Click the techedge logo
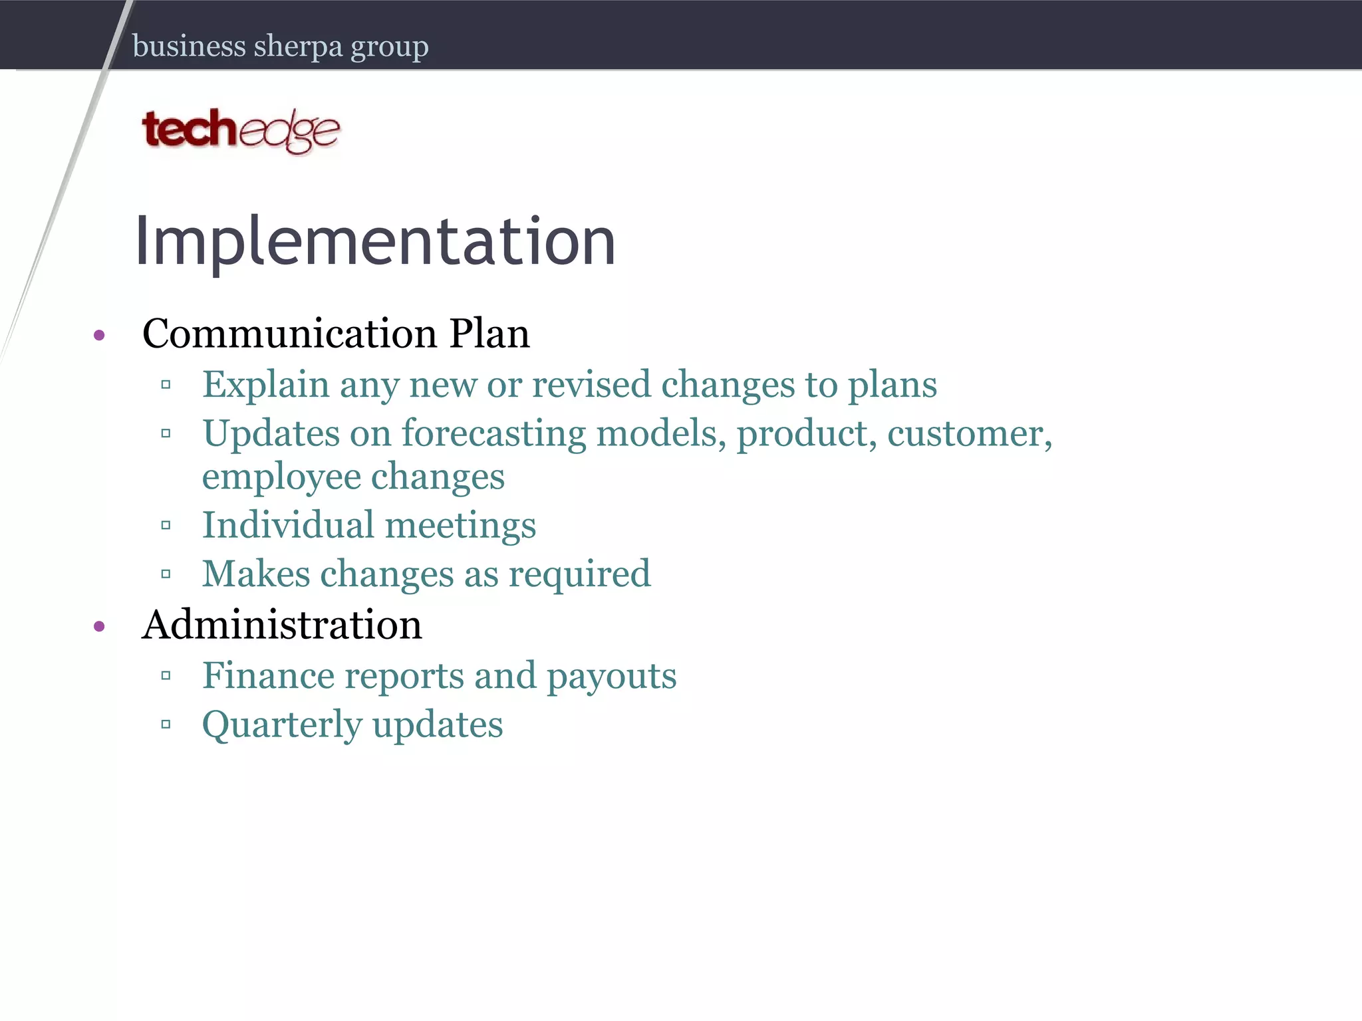coord(241,130)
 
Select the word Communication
coord(289,333)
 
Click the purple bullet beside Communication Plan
coord(100,335)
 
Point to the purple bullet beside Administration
coord(100,626)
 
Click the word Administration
coord(282,625)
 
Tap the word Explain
coord(266,385)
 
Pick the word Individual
coord(288,525)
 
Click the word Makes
coord(256,574)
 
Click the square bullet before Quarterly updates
coord(166,725)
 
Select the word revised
coord(591,385)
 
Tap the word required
coord(579,574)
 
